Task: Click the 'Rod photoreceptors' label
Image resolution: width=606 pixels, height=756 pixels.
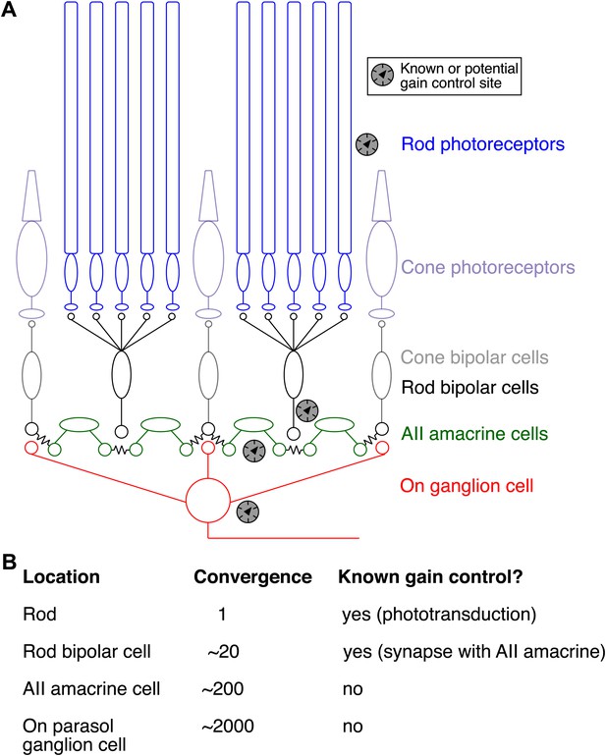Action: [483, 144]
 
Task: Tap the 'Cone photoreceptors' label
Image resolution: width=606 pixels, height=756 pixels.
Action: [488, 267]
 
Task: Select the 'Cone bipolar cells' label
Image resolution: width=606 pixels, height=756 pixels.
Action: [474, 357]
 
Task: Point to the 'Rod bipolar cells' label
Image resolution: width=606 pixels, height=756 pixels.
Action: [469, 387]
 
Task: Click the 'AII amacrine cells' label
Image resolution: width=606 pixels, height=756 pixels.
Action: [474, 433]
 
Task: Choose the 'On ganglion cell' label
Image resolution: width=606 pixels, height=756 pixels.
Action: [468, 486]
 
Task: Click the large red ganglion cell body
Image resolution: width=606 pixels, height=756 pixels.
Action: [208, 501]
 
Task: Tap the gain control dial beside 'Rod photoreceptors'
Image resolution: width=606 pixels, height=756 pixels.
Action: [366, 144]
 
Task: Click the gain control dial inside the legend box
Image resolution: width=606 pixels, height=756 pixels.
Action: [383, 75]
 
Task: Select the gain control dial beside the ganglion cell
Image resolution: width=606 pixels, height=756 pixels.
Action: [248, 512]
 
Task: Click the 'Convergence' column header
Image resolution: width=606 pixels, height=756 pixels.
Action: [252, 576]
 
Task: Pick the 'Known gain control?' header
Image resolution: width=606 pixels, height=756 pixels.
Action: [430, 576]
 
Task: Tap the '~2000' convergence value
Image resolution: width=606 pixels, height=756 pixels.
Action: [228, 726]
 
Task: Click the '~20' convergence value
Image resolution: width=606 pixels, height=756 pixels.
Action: [223, 651]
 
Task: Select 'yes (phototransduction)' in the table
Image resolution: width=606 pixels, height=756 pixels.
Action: [439, 615]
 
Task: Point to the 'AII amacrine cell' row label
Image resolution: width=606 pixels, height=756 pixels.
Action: [91, 688]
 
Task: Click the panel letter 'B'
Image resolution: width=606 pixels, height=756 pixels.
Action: [9, 562]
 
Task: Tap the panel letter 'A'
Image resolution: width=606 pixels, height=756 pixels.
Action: [9, 9]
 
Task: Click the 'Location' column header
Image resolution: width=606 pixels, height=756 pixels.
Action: [61, 576]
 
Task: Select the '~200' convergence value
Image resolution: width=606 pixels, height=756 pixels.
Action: [222, 688]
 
